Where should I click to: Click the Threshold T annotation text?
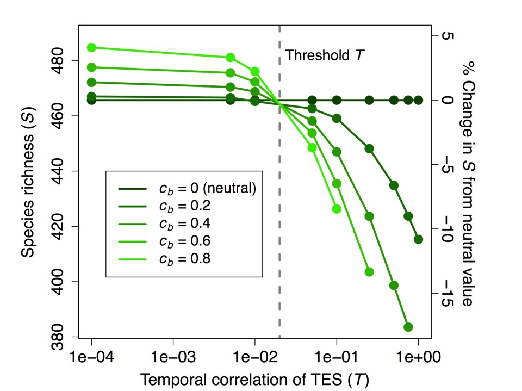[325, 55]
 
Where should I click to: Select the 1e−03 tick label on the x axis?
[173, 357]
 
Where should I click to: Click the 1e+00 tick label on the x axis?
[418, 357]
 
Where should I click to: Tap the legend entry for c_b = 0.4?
[184, 224]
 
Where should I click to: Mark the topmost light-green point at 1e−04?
[91, 47]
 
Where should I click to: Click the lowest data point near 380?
[408, 327]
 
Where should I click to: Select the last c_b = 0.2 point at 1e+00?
[418, 239]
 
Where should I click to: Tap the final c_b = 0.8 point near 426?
[337, 209]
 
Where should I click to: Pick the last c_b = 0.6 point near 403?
[369, 272]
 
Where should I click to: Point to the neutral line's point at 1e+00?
[418, 100]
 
